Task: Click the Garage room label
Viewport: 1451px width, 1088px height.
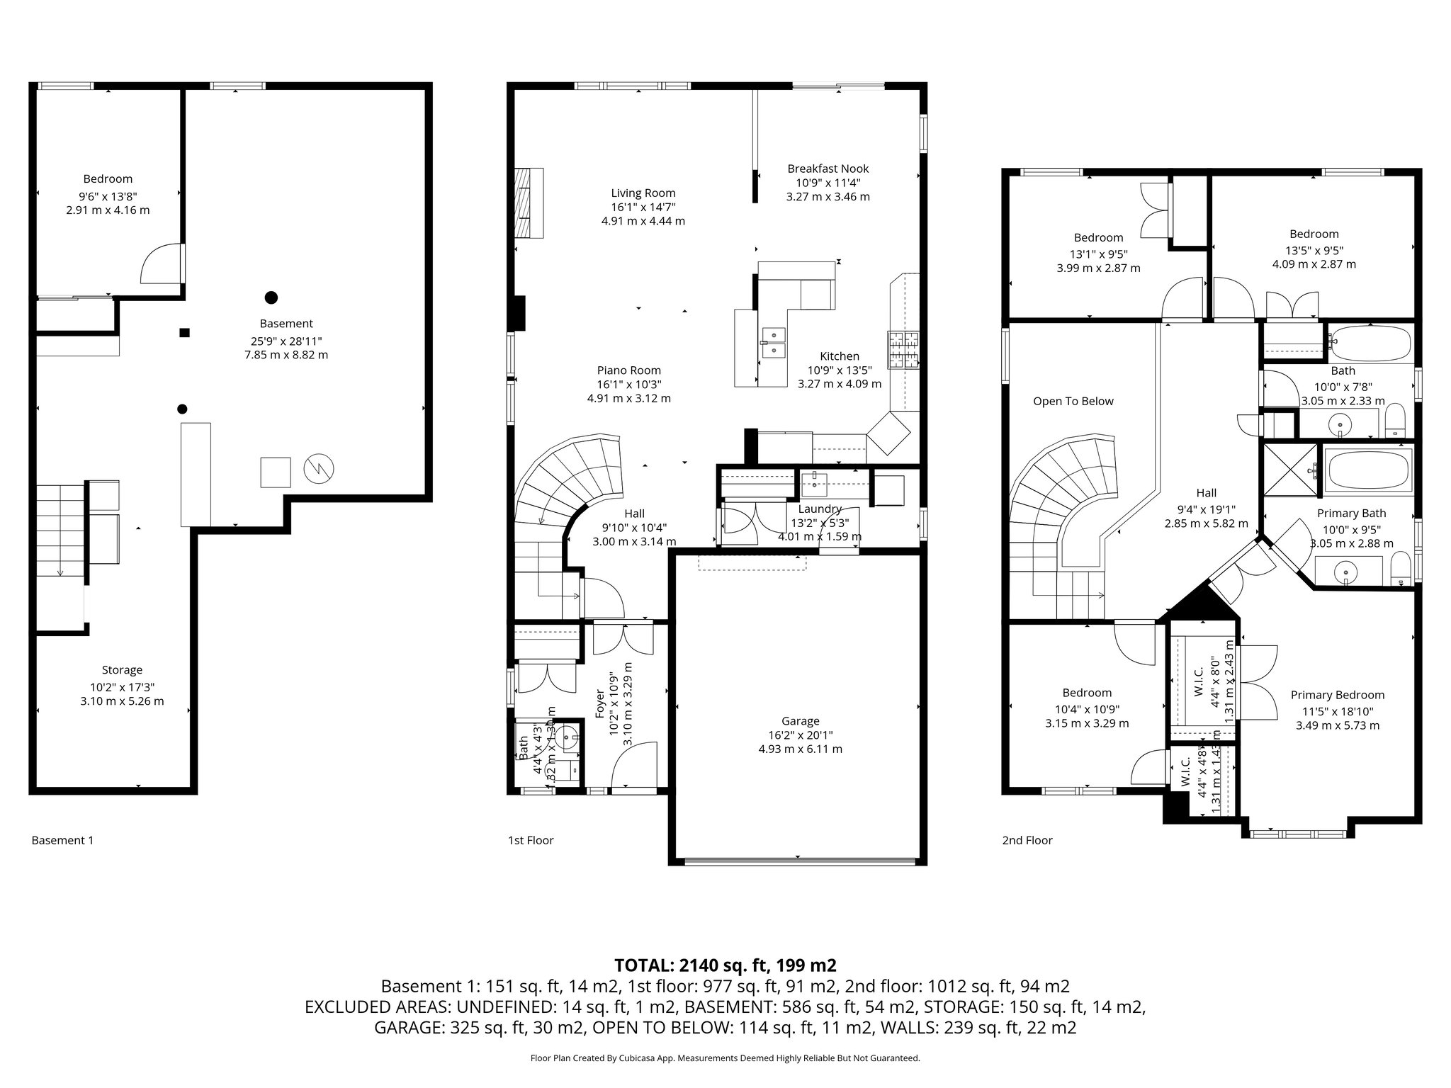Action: tap(800, 721)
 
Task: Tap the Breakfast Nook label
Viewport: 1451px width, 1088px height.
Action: tap(828, 169)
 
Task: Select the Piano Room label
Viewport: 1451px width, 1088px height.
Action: tap(628, 370)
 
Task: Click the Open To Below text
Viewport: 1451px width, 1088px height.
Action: tap(1073, 401)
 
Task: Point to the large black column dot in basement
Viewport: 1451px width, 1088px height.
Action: tap(271, 297)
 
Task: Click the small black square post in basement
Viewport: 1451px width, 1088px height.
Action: tap(184, 332)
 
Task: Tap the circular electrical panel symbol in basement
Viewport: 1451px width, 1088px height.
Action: tap(318, 468)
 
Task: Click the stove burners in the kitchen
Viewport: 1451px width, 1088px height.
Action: tap(903, 350)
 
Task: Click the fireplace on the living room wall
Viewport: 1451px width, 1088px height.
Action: tap(528, 203)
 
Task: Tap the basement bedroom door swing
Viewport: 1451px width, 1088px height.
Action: tap(162, 266)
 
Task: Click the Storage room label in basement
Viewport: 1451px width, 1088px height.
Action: tap(122, 670)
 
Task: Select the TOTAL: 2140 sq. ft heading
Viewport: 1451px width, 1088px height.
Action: tap(725, 965)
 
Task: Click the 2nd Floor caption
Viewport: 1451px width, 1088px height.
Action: tap(1027, 840)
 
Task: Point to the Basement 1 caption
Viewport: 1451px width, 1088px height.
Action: tap(62, 840)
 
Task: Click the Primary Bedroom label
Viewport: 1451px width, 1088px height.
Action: tap(1337, 695)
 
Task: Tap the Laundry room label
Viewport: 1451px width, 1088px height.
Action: tap(819, 509)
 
